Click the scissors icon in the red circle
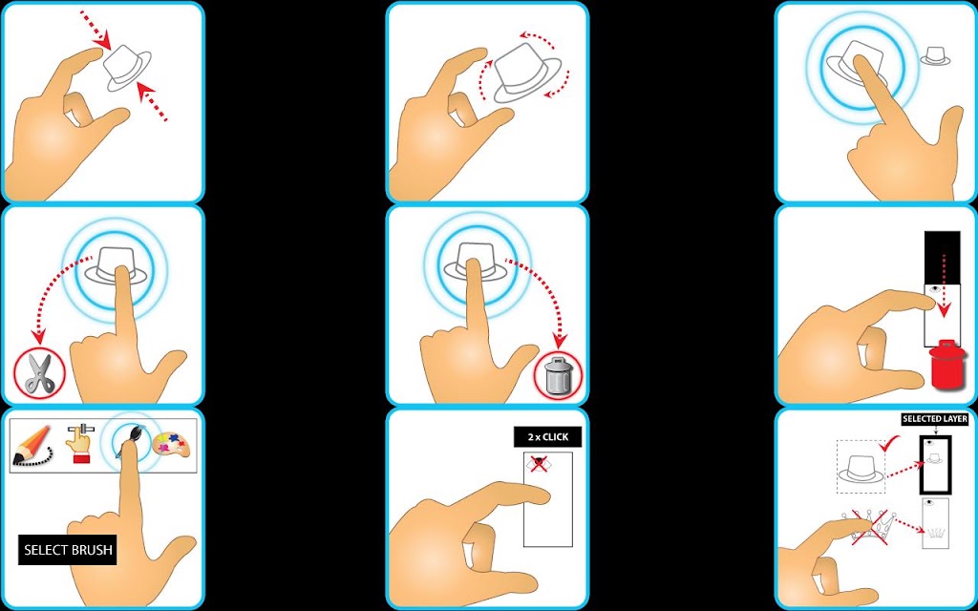[38, 373]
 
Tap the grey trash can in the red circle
[558, 374]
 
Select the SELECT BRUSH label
[68, 550]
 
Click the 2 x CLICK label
[547, 437]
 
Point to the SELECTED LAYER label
[934, 419]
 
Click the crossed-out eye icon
[539, 463]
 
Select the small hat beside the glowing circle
[935, 56]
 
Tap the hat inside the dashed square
[861, 469]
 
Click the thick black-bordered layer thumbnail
[935, 465]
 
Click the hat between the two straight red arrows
[127, 68]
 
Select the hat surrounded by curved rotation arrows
[525, 73]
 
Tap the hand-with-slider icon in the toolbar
[79, 444]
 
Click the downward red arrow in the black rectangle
[943, 285]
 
